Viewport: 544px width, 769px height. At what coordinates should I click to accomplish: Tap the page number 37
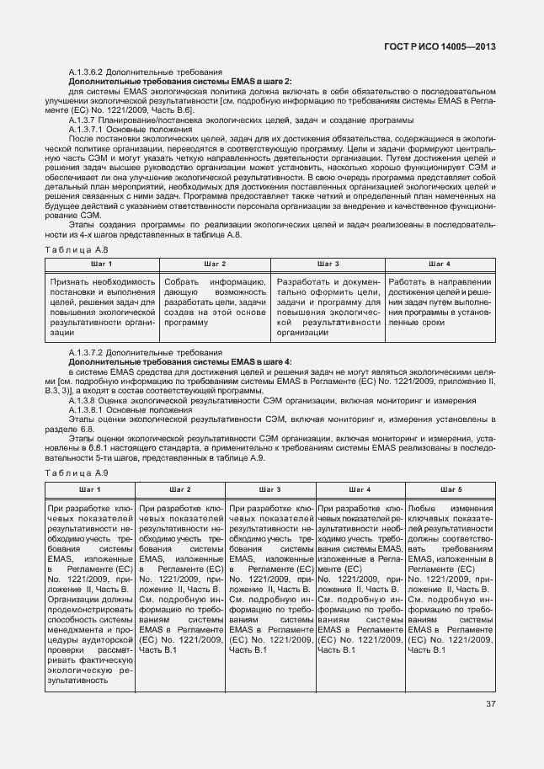(490, 728)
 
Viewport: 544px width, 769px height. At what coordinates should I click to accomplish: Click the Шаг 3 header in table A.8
(329, 264)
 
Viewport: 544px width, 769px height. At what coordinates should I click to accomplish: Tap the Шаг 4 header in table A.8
(441, 264)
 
